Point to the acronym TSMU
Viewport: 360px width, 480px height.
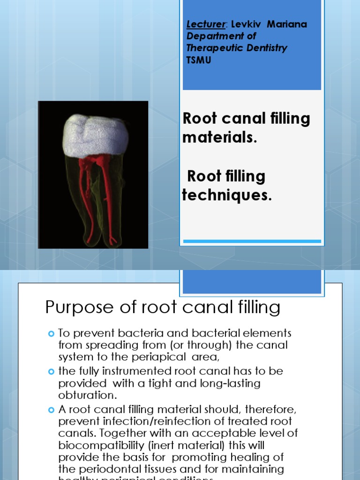(199, 60)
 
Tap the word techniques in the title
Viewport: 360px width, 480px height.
(226, 195)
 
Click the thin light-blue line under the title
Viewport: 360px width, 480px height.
(252, 241)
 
